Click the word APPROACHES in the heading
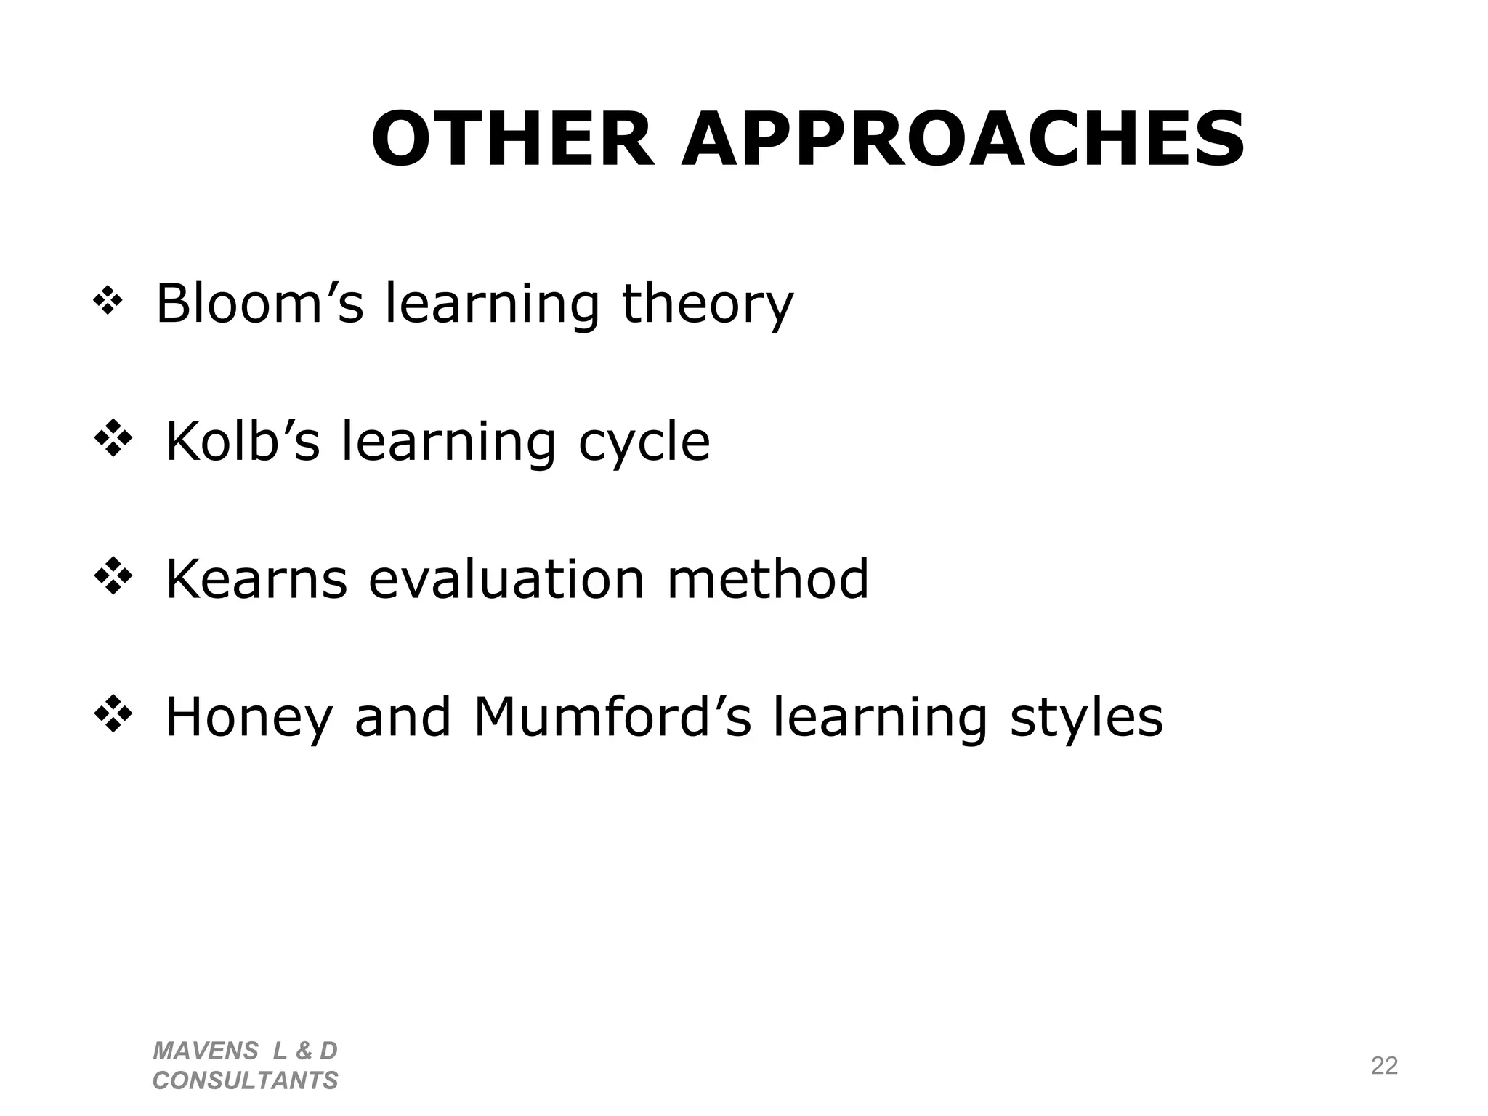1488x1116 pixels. [963, 139]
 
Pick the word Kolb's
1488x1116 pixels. [243, 440]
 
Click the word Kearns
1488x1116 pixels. [256, 579]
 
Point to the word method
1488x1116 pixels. [767, 579]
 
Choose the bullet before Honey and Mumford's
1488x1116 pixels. [113, 715]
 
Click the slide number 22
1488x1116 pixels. [1384, 1066]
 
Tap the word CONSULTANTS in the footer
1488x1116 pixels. [246, 1080]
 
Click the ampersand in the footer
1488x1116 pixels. [303, 1051]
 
